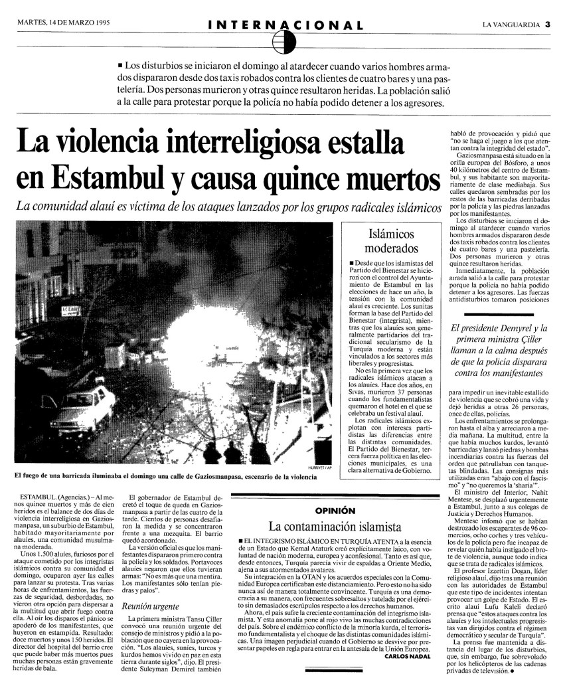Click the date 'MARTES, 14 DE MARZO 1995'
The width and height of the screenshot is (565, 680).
pos(63,23)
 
